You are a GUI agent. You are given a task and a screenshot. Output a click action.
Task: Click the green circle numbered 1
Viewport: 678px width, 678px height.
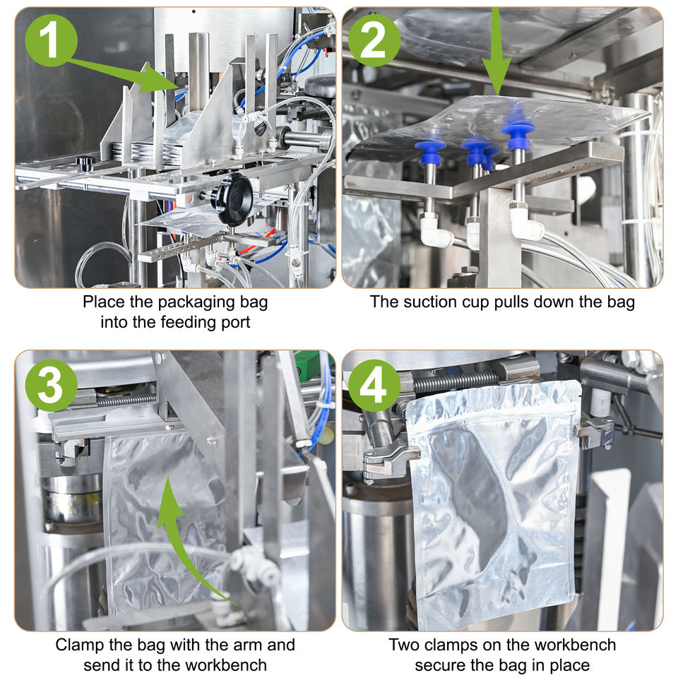(52, 40)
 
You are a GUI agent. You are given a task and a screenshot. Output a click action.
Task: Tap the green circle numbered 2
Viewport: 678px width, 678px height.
(374, 40)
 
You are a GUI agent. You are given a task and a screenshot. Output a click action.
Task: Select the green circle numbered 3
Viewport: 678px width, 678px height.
(52, 386)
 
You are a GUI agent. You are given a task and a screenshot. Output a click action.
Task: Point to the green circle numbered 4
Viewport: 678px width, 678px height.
(374, 386)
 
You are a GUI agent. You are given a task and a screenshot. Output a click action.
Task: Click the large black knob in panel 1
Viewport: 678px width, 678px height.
(234, 199)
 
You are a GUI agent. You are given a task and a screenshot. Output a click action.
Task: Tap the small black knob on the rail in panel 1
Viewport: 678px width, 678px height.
(85, 163)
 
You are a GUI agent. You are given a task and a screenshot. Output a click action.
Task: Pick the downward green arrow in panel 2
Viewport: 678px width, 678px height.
(496, 51)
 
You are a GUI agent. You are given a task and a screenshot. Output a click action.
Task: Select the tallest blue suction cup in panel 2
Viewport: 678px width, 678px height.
(518, 130)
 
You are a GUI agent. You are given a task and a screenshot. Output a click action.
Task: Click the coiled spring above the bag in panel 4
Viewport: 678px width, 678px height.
(456, 381)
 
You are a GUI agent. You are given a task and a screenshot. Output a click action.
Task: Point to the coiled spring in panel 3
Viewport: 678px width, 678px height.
(126, 400)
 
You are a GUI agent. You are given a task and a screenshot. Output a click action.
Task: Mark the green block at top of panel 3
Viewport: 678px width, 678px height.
(308, 364)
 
